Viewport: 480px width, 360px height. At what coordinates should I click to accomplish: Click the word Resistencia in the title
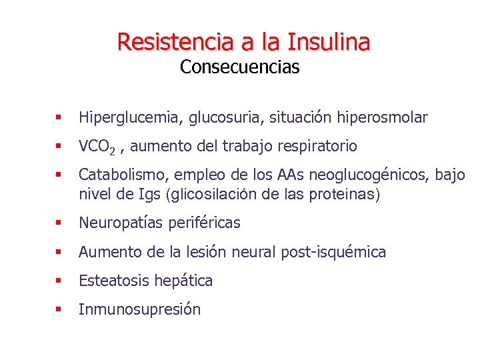(175, 41)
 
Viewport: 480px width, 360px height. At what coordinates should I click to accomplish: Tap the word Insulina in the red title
(329, 41)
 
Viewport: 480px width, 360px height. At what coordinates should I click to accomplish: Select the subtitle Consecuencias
(239, 67)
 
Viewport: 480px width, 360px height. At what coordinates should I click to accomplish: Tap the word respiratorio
(315, 146)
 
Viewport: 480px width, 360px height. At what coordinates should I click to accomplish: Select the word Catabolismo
(123, 175)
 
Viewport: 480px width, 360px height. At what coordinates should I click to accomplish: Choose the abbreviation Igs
(153, 195)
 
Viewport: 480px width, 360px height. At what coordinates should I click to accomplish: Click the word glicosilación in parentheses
(215, 195)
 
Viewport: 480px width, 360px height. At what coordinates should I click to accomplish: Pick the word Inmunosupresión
(139, 309)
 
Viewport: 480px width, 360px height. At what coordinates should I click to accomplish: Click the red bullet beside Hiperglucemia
(59, 119)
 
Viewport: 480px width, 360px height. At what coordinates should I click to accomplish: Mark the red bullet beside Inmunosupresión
(59, 310)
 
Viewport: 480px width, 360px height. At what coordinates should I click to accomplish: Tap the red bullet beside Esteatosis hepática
(59, 281)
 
